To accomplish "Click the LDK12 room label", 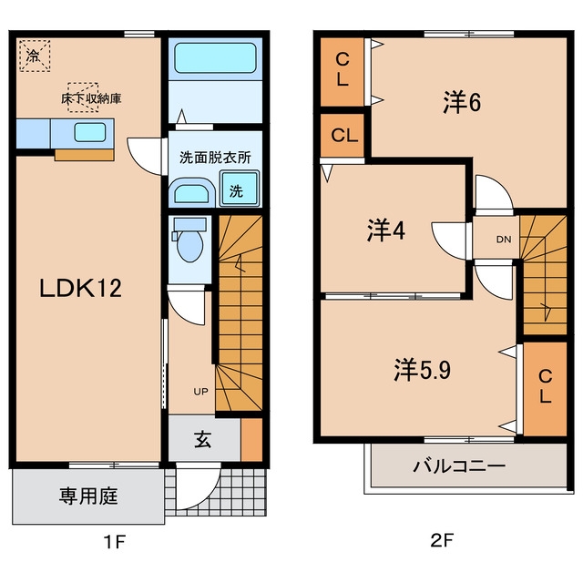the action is coord(81,288).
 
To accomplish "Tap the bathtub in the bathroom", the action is coord(215,58).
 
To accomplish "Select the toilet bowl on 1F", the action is coord(189,246).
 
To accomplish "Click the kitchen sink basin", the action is coord(90,133).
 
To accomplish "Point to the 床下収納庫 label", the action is coord(91,98).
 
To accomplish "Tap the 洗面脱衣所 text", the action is coord(215,158).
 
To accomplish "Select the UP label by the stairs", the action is coord(200,391).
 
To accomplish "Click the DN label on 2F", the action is coord(504,240).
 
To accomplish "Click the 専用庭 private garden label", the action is coord(88,496).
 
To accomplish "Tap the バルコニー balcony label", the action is coord(459,465).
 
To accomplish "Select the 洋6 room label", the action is coord(462,102).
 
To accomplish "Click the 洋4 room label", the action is coord(386,230).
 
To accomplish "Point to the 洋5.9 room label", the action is coord(423,370).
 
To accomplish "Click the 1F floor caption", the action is coord(115,542).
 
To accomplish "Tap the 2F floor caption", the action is coord(442,540).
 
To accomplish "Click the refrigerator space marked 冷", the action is coord(35,56).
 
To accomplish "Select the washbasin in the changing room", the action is coord(191,193).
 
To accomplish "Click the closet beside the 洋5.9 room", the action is coord(545,389).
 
